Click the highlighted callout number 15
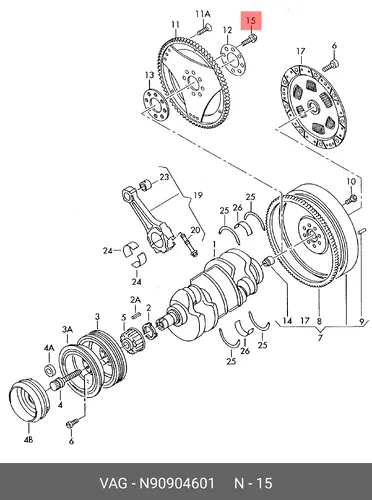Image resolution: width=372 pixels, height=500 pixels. [251, 21]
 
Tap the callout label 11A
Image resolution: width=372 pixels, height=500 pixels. [203, 14]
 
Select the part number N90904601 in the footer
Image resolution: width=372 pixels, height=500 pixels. [177, 483]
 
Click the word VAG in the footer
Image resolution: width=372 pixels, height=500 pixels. [113, 483]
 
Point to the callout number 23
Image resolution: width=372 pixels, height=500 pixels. [164, 177]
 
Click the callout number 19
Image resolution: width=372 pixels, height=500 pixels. [198, 195]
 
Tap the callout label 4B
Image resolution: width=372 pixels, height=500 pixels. [28, 440]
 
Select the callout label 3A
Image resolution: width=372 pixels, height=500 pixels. [67, 329]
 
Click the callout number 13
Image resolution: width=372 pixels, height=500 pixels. [150, 75]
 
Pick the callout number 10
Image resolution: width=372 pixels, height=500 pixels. [351, 182]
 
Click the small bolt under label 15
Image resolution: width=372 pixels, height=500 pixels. [248, 40]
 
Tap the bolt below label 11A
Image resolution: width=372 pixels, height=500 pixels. [203, 29]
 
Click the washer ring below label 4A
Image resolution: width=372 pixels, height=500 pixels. [49, 369]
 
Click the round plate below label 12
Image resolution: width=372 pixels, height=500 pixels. [232, 61]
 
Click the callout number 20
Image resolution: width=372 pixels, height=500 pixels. [195, 230]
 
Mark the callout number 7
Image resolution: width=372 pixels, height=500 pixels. [320, 338]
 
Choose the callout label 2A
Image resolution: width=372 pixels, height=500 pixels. [135, 300]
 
